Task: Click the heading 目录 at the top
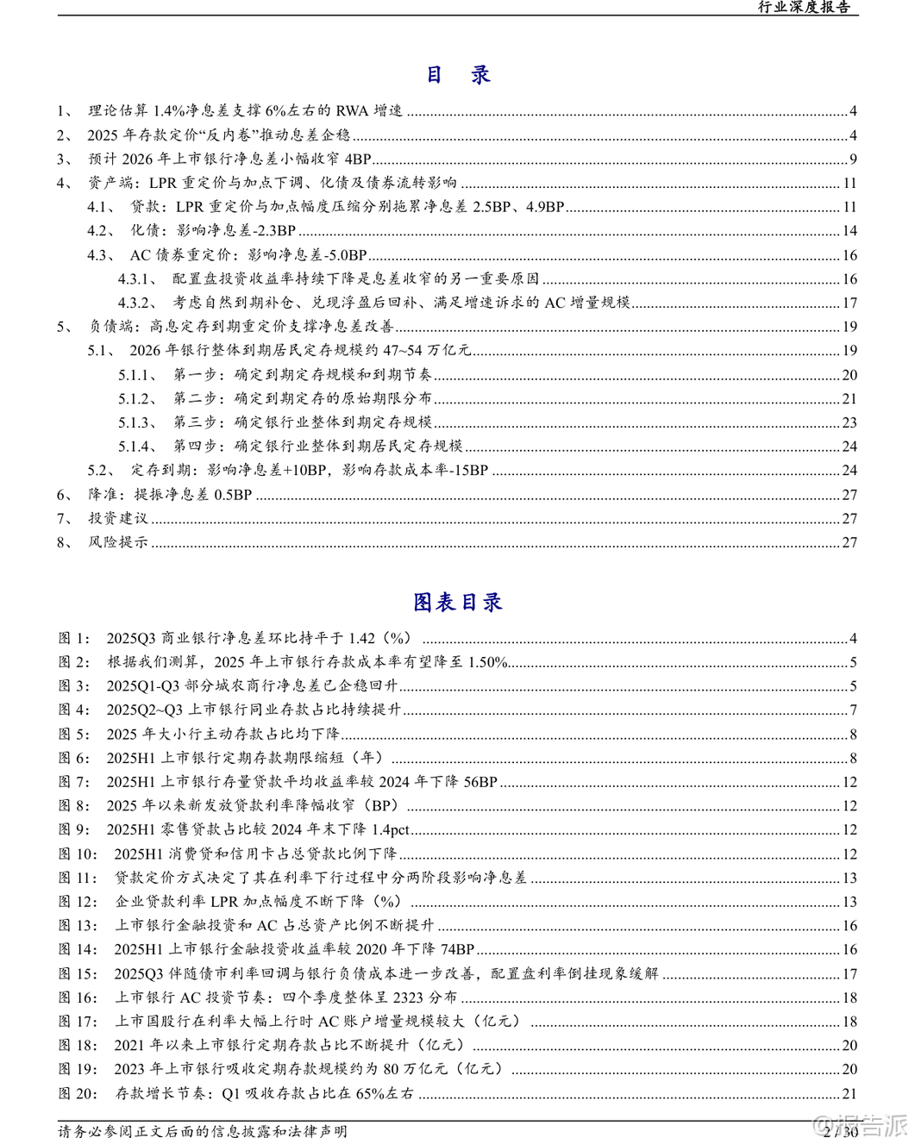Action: coord(458,75)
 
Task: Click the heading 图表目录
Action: coord(457,602)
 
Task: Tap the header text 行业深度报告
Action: coord(804,7)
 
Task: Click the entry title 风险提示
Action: coord(118,542)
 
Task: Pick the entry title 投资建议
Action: coord(118,518)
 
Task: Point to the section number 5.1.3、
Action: coord(138,422)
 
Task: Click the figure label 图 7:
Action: coord(74,782)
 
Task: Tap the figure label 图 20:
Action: coord(78,1093)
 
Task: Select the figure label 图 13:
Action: coord(78,925)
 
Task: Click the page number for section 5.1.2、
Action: coord(849,398)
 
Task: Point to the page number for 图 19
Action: coord(849,1069)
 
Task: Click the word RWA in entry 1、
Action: coord(352,110)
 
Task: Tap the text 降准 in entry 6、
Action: coord(103,495)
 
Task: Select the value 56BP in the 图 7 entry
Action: coord(480,782)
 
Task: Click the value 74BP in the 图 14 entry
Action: coord(457,949)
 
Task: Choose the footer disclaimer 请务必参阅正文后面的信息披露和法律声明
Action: coord(203,1130)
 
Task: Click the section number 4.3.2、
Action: coord(138,303)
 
